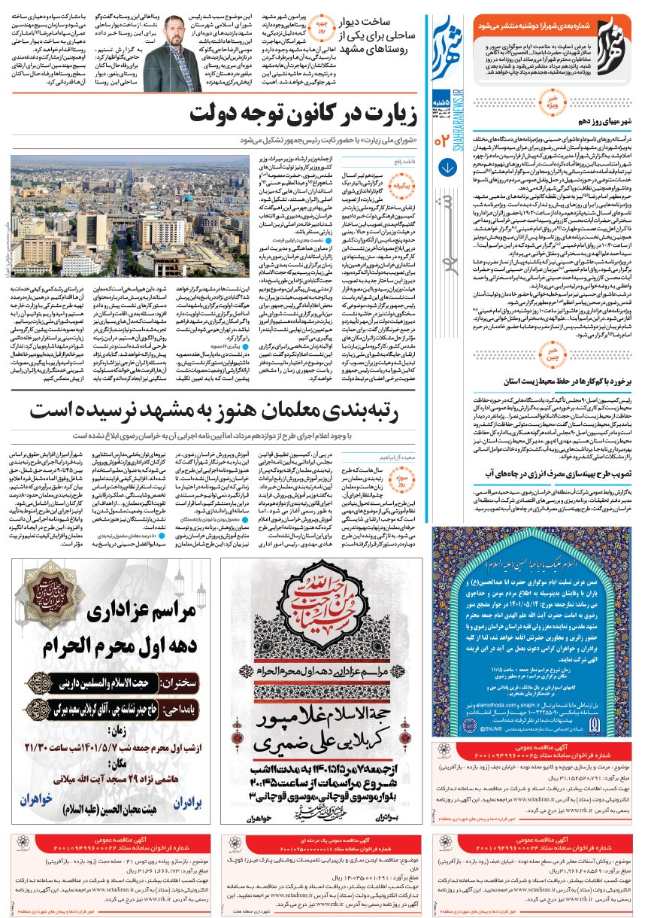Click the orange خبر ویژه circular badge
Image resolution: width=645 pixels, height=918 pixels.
(x=551, y=102)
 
